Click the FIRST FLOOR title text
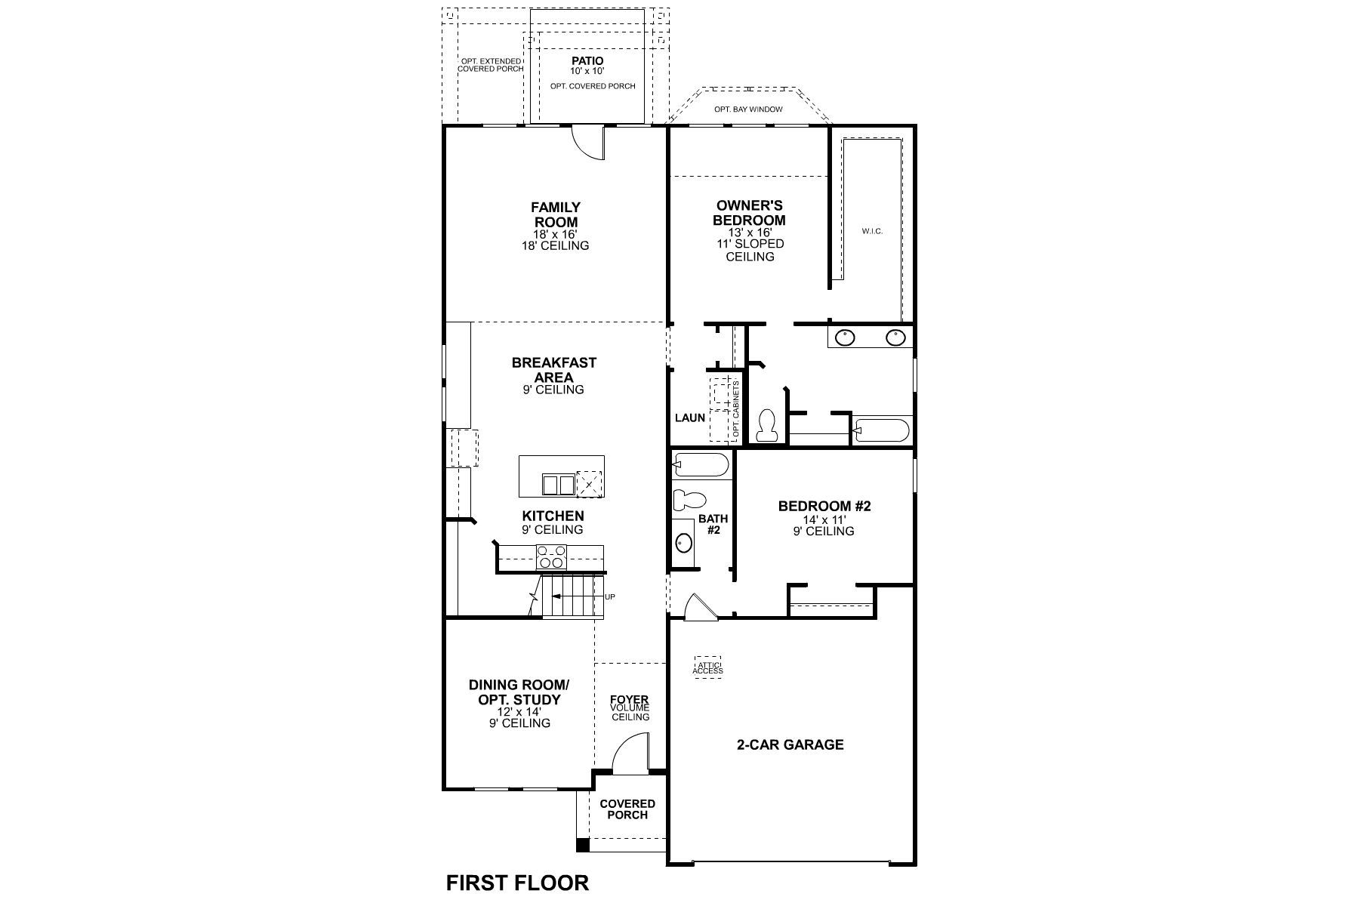coord(517,882)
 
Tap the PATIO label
coord(587,61)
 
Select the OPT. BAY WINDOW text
coord(748,109)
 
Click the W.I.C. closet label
coord(872,231)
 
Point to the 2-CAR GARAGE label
coord(790,744)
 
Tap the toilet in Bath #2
coord(689,499)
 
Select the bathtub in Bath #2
coord(701,464)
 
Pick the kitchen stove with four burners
coord(551,557)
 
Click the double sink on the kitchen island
coord(558,484)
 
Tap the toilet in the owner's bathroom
coord(766,425)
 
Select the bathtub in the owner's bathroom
coord(880,430)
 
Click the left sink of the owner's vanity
coord(845,337)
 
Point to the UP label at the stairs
coord(610,597)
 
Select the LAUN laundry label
coord(689,418)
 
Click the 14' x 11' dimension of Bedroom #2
coord(824,519)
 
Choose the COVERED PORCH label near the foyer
coord(627,809)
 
